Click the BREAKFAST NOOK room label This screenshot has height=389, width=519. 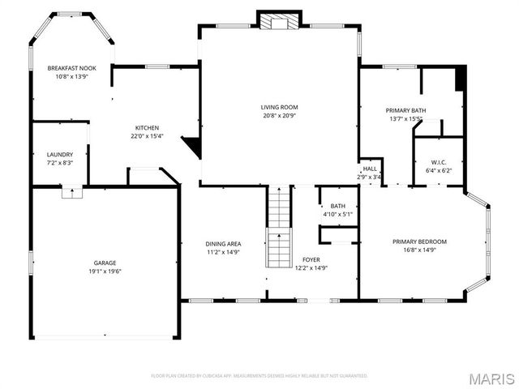pyautogui.click(x=71, y=68)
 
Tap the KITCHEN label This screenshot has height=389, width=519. pyautogui.click(x=147, y=128)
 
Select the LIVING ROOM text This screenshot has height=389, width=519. pyautogui.click(x=280, y=107)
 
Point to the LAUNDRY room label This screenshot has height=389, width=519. pyautogui.click(x=60, y=154)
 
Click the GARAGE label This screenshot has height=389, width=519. pyautogui.click(x=105, y=263)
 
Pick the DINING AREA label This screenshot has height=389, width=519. pyautogui.click(x=222, y=244)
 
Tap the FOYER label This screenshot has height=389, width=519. pyautogui.click(x=311, y=260)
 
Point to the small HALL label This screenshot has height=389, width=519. pyautogui.click(x=370, y=169)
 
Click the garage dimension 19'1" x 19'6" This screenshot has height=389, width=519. pyautogui.click(x=105, y=271)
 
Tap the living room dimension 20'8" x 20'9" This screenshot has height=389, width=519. pyautogui.click(x=280, y=115)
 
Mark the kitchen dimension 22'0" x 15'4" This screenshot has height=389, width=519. pyautogui.click(x=147, y=136)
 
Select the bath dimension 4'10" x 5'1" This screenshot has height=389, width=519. pyautogui.click(x=337, y=214)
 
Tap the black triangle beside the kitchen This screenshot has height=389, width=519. pyautogui.click(x=192, y=147)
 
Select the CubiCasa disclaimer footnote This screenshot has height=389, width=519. pyautogui.click(x=259, y=376)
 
